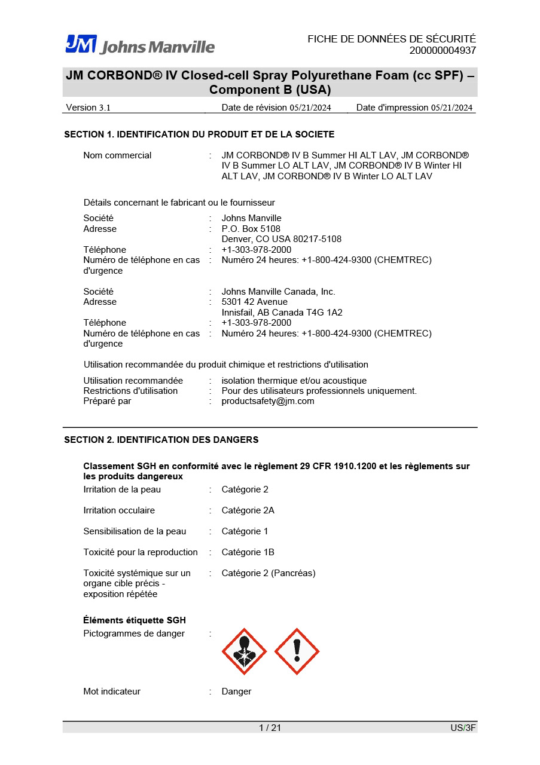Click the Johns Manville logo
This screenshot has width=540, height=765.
pyautogui.click(x=140, y=45)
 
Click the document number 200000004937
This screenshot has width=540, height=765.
pyautogui.click(x=443, y=50)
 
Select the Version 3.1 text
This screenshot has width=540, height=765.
pyautogui.click(x=88, y=108)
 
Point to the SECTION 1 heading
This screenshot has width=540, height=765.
pyautogui.click(x=199, y=134)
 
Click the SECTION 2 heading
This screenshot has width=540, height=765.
pyautogui.click(x=161, y=440)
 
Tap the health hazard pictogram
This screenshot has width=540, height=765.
pyautogui.click(x=244, y=651)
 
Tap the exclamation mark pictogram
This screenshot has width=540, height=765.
pyautogui.click(x=297, y=651)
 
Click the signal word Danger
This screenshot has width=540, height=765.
pyautogui.click(x=236, y=691)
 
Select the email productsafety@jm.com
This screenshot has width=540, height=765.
pyautogui.click(x=268, y=401)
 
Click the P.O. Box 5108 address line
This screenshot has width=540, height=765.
pyautogui.click(x=251, y=229)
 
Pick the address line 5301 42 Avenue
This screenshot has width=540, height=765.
pyautogui.click(x=254, y=302)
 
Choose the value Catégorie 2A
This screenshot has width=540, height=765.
pyautogui.click(x=248, y=510)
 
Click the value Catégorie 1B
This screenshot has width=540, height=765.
pyautogui.click(x=248, y=552)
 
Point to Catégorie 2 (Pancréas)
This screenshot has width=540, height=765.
pyautogui.click(x=269, y=573)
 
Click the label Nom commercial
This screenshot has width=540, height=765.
pyautogui.click(x=117, y=155)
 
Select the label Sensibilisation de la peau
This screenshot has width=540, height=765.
pyautogui.click(x=135, y=531)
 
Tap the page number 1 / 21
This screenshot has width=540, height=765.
pyautogui.click(x=270, y=727)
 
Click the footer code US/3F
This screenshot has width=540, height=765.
pyautogui.click(x=463, y=727)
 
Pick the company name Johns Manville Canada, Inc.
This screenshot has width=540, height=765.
pyautogui.click(x=278, y=292)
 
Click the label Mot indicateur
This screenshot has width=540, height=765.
pyautogui.click(x=112, y=691)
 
